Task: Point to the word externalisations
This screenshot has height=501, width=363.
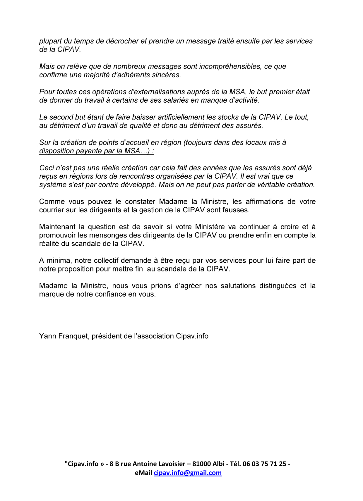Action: pos(156,92)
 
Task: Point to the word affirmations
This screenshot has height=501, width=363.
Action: pos(268,202)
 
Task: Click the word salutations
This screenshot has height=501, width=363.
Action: pos(238,286)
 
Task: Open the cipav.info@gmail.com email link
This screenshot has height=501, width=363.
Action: pos(188,473)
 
